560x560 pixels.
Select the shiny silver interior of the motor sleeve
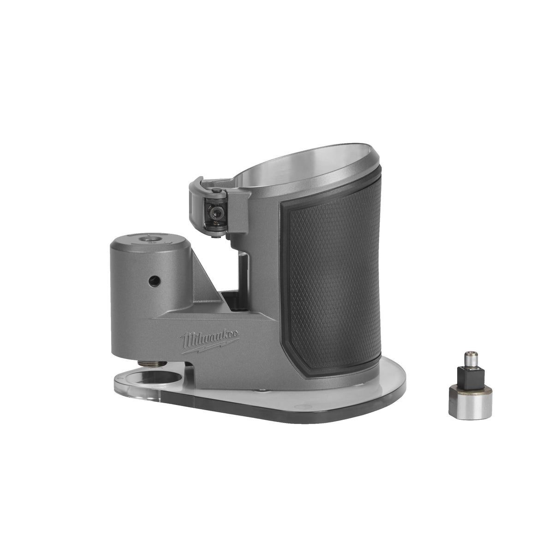300,189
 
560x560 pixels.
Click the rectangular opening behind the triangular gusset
243,277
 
